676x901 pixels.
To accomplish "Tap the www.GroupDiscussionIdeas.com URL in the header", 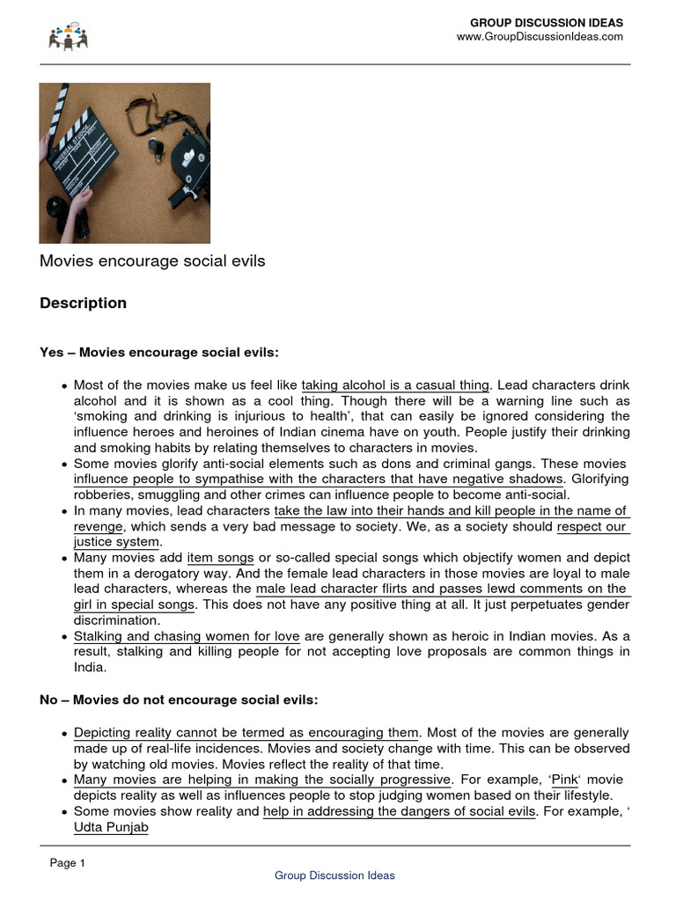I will tap(539, 37).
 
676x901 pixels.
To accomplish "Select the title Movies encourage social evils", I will tap(152, 261).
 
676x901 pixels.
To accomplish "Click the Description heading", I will tap(83, 304).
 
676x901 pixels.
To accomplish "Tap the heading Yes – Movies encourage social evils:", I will tap(158, 353).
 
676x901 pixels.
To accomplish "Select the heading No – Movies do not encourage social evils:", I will tap(179, 700).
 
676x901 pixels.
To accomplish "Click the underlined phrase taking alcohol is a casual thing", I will tap(394, 385).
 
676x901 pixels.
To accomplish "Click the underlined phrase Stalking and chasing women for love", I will tap(187, 636).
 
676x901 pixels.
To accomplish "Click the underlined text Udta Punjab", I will tap(111, 828).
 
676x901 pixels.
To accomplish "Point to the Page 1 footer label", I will tap(67, 863).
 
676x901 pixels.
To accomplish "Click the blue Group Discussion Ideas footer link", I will tap(334, 875).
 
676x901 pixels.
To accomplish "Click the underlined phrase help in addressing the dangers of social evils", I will tap(399, 812).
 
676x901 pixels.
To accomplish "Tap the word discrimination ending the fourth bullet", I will tap(114, 620).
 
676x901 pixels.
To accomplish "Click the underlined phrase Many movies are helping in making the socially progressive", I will tap(262, 780).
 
